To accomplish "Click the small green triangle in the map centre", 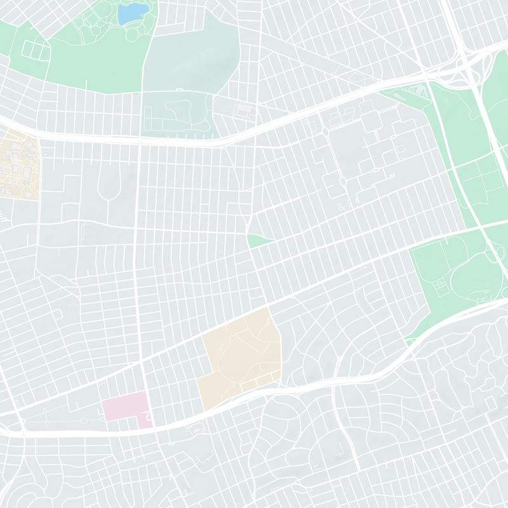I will [258, 241].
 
